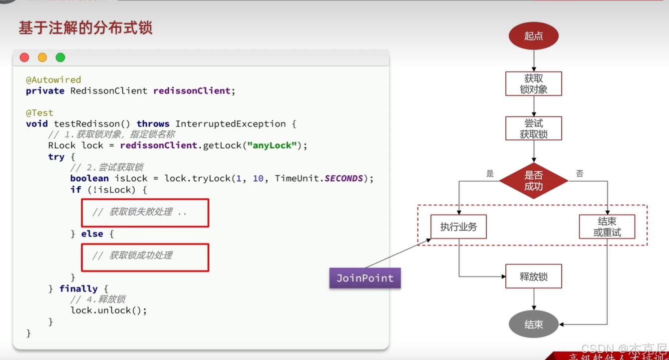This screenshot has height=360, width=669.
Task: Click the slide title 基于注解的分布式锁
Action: pyautogui.click(x=85, y=28)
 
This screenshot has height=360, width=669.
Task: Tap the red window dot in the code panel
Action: pyautogui.click(x=24, y=57)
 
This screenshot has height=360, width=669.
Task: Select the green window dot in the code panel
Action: pyautogui.click(x=60, y=57)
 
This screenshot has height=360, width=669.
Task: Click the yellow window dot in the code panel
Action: pyautogui.click(x=42, y=57)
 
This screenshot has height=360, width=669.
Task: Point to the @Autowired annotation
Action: pyautogui.click(x=53, y=80)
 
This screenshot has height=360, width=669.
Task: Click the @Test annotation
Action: pyautogui.click(x=39, y=113)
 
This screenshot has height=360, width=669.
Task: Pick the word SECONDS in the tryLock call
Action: pyautogui.click(x=344, y=178)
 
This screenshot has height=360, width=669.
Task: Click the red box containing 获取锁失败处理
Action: pyautogui.click(x=145, y=212)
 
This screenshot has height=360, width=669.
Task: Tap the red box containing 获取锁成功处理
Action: pyautogui.click(x=145, y=257)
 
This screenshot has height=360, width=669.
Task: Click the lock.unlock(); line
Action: pyautogui.click(x=109, y=311)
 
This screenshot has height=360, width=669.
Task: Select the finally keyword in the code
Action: pyautogui.click(x=78, y=289)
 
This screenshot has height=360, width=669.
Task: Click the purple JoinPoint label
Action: pyautogui.click(x=365, y=278)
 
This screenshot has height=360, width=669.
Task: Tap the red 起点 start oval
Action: pyautogui.click(x=534, y=36)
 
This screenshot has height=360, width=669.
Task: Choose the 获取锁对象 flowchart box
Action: pyautogui.click(x=534, y=84)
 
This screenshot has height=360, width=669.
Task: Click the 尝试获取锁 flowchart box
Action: pyautogui.click(x=534, y=128)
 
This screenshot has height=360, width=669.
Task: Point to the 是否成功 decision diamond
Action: pyautogui.click(x=534, y=181)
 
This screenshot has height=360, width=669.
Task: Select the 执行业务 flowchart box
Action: pyautogui.click(x=458, y=227)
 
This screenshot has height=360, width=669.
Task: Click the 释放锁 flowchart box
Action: pyautogui.click(x=534, y=277)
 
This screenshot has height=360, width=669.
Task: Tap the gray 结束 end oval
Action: pyautogui.click(x=534, y=325)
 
